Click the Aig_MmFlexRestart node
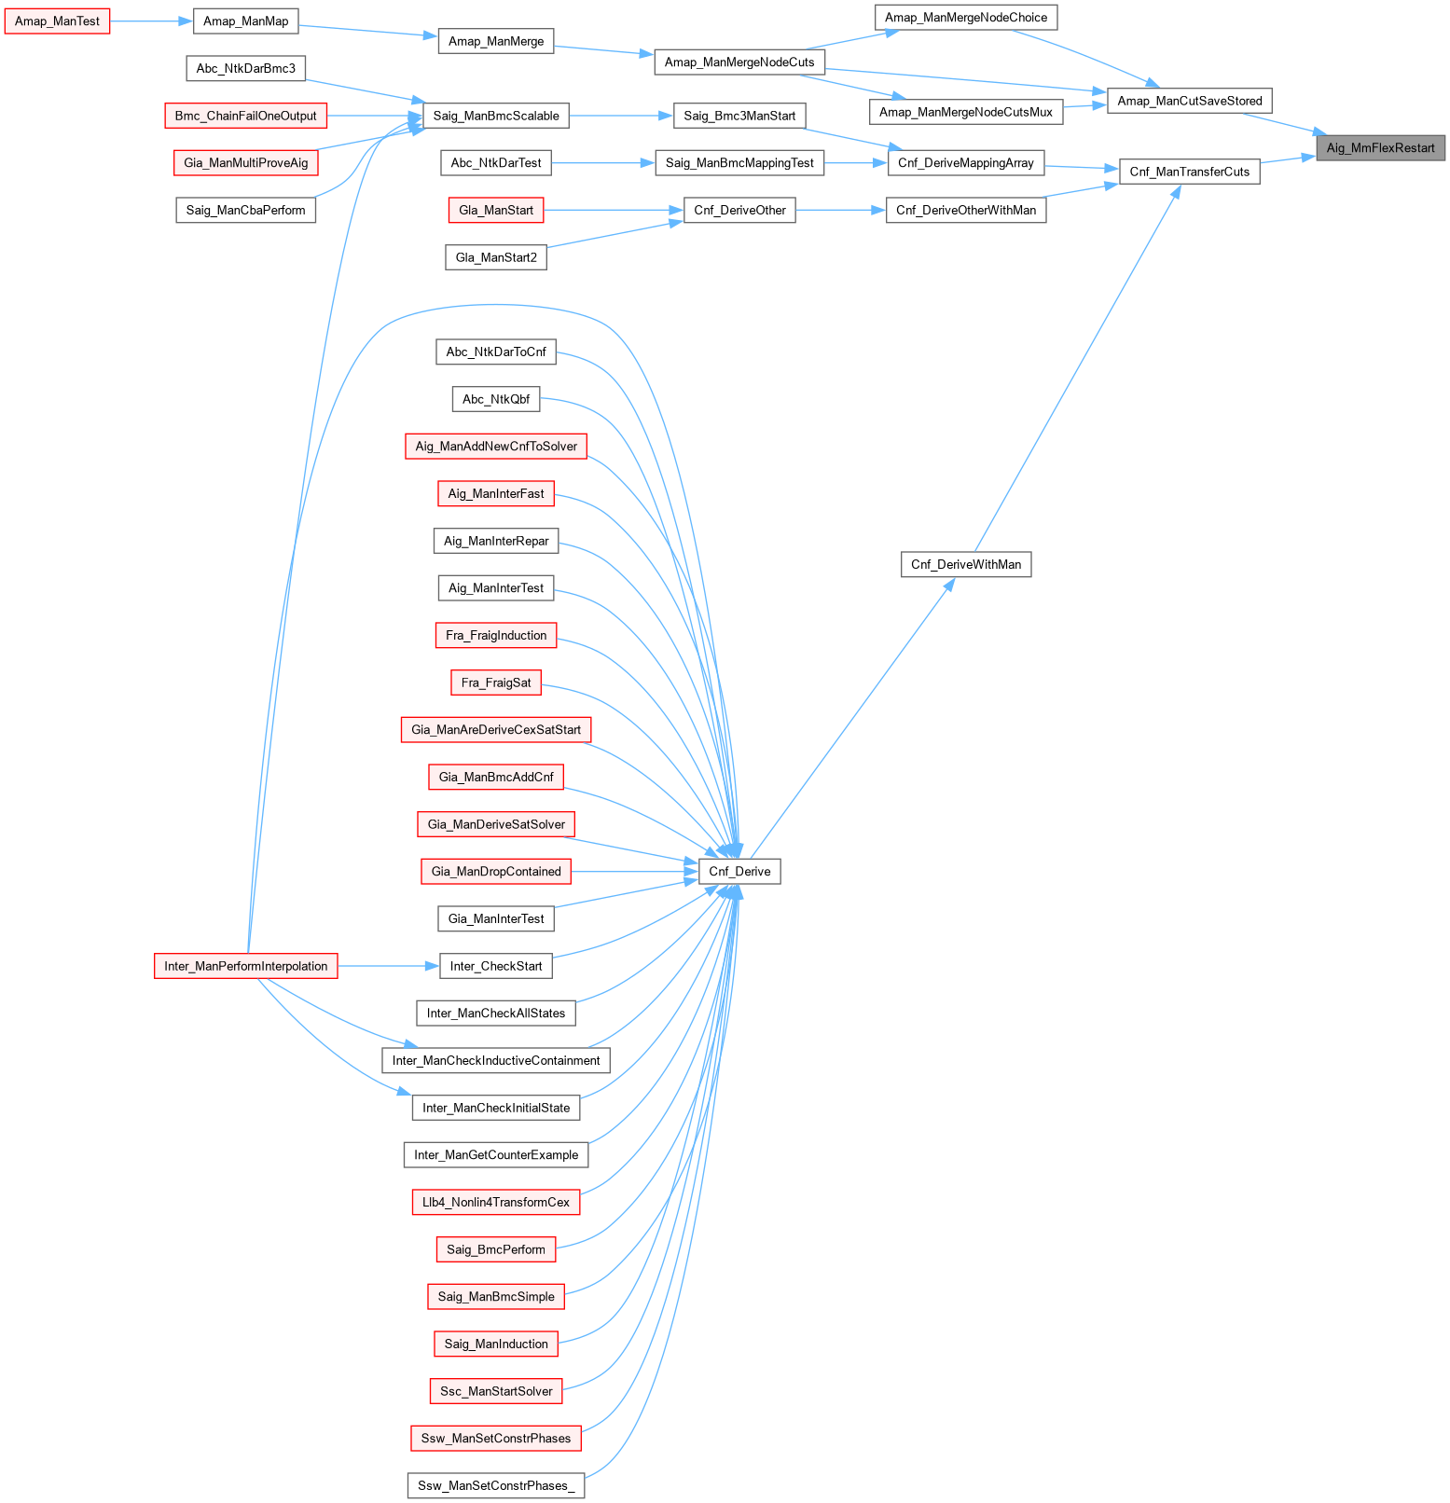coord(1380,147)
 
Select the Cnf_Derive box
coord(739,872)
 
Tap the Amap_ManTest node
coord(57,21)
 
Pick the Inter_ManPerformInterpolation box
coord(245,966)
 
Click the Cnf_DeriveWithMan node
coord(966,564)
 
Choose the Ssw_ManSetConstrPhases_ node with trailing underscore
coord(496,1485)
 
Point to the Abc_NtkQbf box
coord(496,399)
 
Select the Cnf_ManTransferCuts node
coord(1189,172)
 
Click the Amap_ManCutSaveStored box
coord(1189,101)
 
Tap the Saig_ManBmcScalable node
coord(496,116)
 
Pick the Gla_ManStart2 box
coord(496,257)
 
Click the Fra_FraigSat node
coord(496,683)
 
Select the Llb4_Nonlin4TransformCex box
coord(496,1202)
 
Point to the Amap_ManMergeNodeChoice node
coord(966,18)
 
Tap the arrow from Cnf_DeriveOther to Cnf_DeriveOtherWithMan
coord(840,210)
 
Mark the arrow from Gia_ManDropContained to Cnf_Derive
coord(635,872)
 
